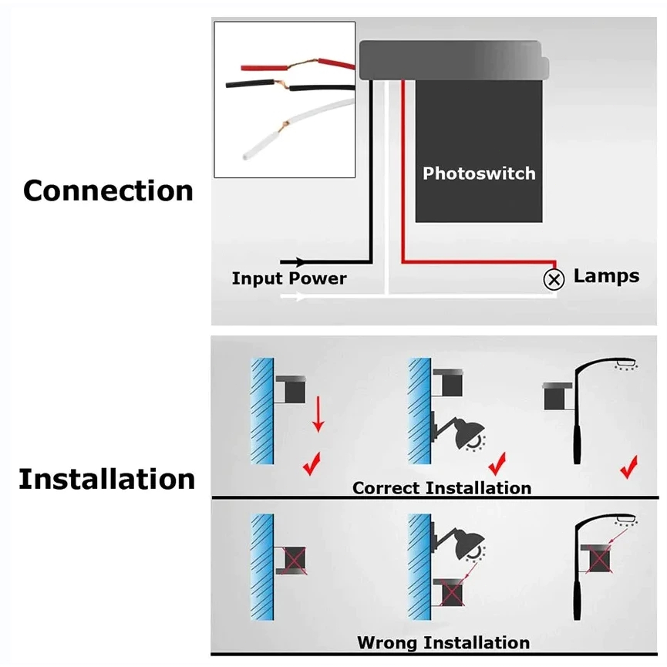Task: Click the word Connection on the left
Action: click(108, 190)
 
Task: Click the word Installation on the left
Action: click(107, 479)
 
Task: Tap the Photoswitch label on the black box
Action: click(479, 173)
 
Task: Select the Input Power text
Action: click(289, 278)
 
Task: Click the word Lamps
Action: click(606, 276)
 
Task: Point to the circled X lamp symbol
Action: click(554, 279)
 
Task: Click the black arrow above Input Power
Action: click(293, 263)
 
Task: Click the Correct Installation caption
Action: click(442, 488)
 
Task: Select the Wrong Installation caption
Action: click(443, 642)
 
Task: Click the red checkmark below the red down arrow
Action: click(312, 465)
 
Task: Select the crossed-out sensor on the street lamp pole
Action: click(601, 559)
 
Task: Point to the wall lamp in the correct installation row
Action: click(463, 432)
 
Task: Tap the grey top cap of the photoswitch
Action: click(451, 59)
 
